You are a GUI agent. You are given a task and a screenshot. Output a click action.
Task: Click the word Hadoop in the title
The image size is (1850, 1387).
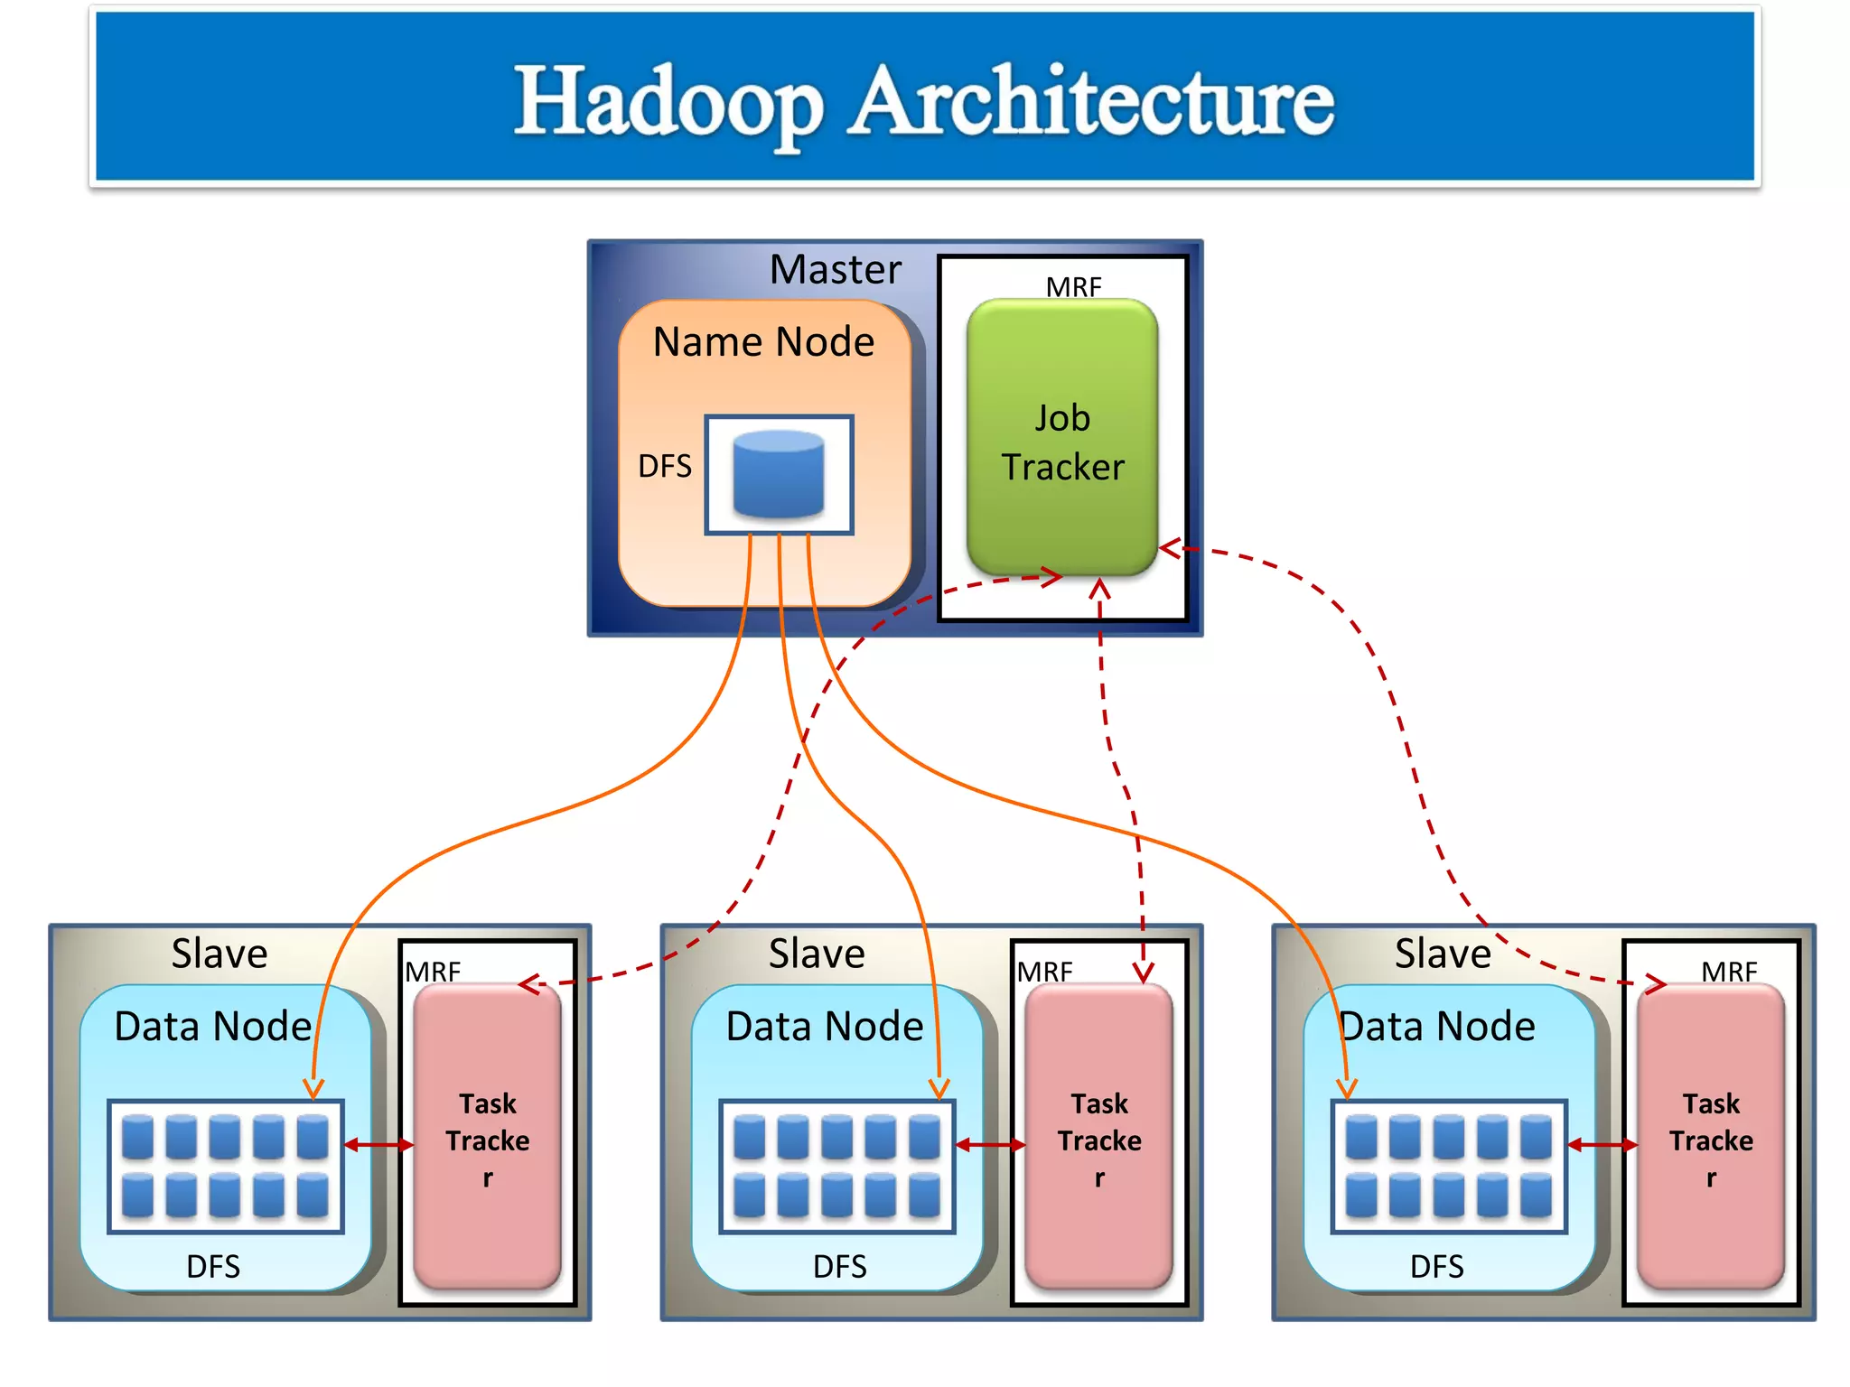[669, 101]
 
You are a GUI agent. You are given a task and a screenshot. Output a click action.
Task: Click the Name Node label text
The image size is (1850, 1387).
[763, 342]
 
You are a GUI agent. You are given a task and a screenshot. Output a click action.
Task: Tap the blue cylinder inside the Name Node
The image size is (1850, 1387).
[778, 474]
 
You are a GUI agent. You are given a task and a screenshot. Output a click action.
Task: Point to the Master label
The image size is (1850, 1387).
[835, 269]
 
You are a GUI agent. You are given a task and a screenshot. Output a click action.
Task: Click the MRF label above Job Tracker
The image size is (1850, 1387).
[1073, 287]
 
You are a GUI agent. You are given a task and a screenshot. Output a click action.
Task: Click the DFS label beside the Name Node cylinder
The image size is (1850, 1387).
[665, 466]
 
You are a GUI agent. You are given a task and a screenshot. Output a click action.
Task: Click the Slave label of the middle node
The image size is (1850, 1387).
[817, 954]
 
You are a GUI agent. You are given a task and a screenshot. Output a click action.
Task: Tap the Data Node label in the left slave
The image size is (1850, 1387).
[213, 1027]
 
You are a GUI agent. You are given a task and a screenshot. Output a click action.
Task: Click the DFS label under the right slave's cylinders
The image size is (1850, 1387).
[1436, 1266]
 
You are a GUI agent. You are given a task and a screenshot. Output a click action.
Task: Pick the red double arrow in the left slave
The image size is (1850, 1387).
[378, 1145]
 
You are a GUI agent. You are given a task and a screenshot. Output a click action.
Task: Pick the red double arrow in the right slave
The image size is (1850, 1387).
[1602, 1145]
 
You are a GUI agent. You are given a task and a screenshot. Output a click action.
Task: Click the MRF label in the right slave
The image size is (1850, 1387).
[1728, 973]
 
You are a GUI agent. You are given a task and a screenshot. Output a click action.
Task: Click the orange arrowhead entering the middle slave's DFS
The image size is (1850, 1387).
[939, 1088]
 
